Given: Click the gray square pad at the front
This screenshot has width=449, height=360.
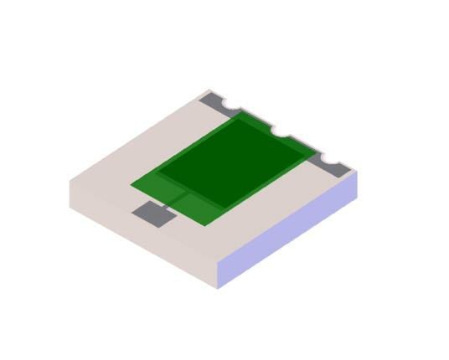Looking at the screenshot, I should click(x=154, y=214).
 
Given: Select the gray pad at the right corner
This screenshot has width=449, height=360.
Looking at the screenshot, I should click(x=334, y=167).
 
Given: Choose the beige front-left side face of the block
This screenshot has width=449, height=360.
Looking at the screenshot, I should click(x=142, y=234).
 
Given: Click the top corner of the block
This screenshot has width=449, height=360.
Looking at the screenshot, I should click(x=210, y=89).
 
